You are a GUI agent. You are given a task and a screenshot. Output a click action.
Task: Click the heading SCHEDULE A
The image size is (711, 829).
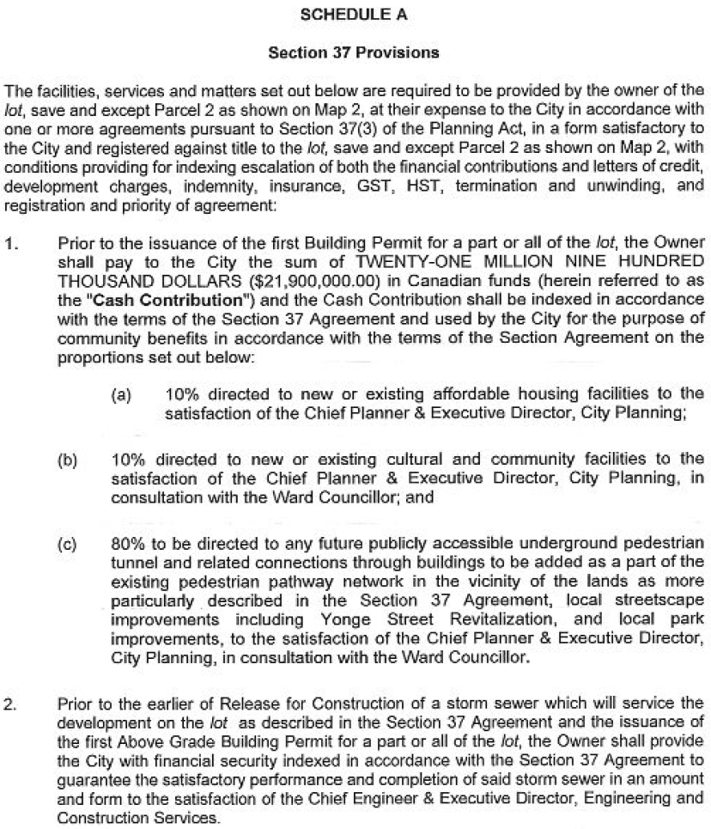tap(354, 15)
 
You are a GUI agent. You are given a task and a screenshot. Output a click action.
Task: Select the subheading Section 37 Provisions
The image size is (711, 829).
tap(354, 53)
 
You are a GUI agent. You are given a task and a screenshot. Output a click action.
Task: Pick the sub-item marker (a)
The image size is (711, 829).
tap(120, 396)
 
